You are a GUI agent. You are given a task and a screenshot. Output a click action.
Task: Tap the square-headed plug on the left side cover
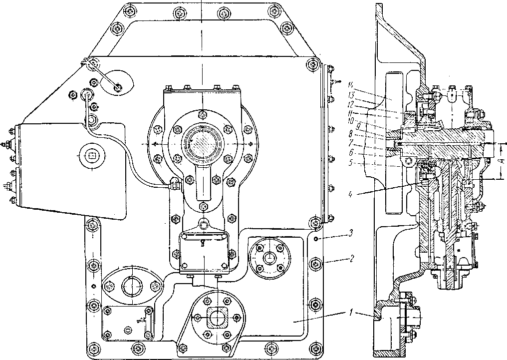(x=92, y=155)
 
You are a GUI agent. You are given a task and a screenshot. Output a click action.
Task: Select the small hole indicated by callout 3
(x=317, y=240)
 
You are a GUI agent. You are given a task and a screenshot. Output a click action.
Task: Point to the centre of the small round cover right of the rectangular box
(x=269, y=258)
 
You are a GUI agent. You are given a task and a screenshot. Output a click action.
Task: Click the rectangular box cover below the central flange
(x=204, y=254)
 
